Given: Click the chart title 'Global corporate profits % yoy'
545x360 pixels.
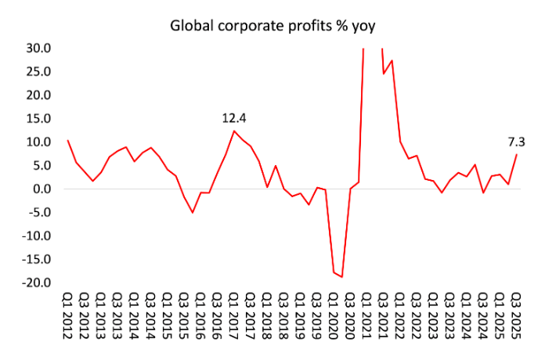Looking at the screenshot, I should pos(273,26).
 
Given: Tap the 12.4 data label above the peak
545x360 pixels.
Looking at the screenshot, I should pos(234,118).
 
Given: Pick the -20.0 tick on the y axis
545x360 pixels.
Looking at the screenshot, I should pos(38,283).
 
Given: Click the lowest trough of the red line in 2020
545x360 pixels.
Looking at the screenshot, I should pos(342,277).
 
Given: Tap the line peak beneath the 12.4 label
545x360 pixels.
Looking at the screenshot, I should pos(234,131).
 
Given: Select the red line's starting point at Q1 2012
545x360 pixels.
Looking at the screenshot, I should pos(68,141).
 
